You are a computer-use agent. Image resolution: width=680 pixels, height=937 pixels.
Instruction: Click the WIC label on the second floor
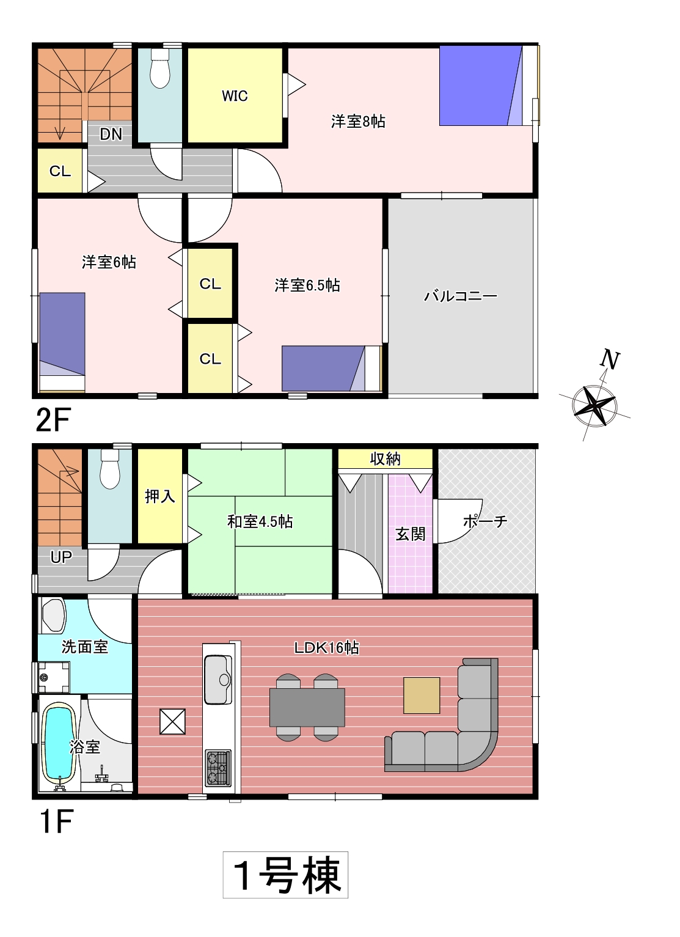[x=235, y=96]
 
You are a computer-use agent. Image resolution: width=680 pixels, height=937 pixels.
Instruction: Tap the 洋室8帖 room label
[x=358, y=122]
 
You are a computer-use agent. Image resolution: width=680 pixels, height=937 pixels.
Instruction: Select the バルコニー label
[x=461, y=296]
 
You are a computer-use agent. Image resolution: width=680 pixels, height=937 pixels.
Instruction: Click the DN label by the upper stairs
[x=111, y=134]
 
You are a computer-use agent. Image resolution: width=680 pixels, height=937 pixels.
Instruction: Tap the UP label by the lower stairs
[x=61, y=557]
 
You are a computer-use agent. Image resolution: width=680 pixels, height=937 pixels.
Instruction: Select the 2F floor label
[x=53, y=420]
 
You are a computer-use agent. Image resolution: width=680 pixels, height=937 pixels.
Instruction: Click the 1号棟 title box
[x=285, y=875]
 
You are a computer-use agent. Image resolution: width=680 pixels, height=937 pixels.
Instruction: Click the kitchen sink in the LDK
[x=218, y=679]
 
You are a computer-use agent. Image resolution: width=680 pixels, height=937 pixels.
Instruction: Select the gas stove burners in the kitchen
[x=218, y=768]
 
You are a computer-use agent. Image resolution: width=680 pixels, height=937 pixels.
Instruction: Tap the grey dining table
[x=307, y=707]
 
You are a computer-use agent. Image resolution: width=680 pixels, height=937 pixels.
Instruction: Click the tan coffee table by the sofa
[x=422, y=696]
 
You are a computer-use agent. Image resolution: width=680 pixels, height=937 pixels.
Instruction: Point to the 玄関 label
[x=410, y=534]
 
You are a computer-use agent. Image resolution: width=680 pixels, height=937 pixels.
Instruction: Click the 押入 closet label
[x=160, y=496]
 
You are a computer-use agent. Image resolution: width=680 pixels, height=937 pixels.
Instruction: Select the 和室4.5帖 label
[x=260, y=521]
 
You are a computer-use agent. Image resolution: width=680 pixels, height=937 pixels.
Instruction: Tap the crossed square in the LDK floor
[x=172, y=721]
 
